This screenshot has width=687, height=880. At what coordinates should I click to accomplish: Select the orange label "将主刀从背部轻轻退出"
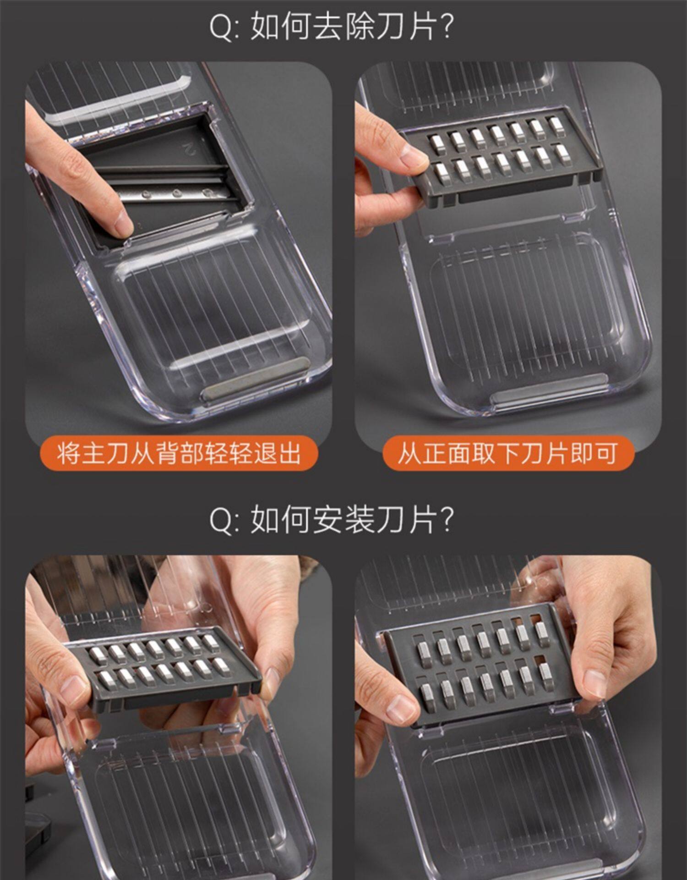[x=178, y=453]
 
